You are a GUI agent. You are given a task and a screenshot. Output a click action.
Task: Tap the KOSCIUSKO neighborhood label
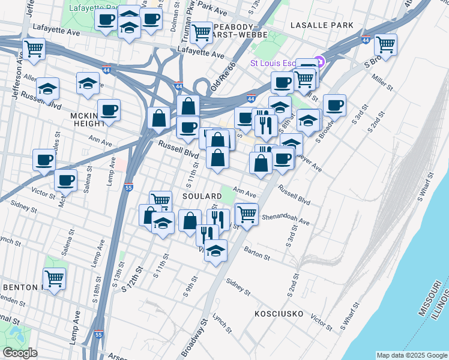282,314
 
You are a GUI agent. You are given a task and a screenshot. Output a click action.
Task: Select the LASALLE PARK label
321,25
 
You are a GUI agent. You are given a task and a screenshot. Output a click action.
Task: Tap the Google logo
20,353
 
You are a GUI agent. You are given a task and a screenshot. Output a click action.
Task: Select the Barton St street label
258,253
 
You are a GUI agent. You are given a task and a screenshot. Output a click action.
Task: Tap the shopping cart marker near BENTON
55,278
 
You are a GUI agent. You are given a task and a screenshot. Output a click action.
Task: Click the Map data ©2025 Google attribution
412,355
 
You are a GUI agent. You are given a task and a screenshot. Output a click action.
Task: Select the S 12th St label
134,277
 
